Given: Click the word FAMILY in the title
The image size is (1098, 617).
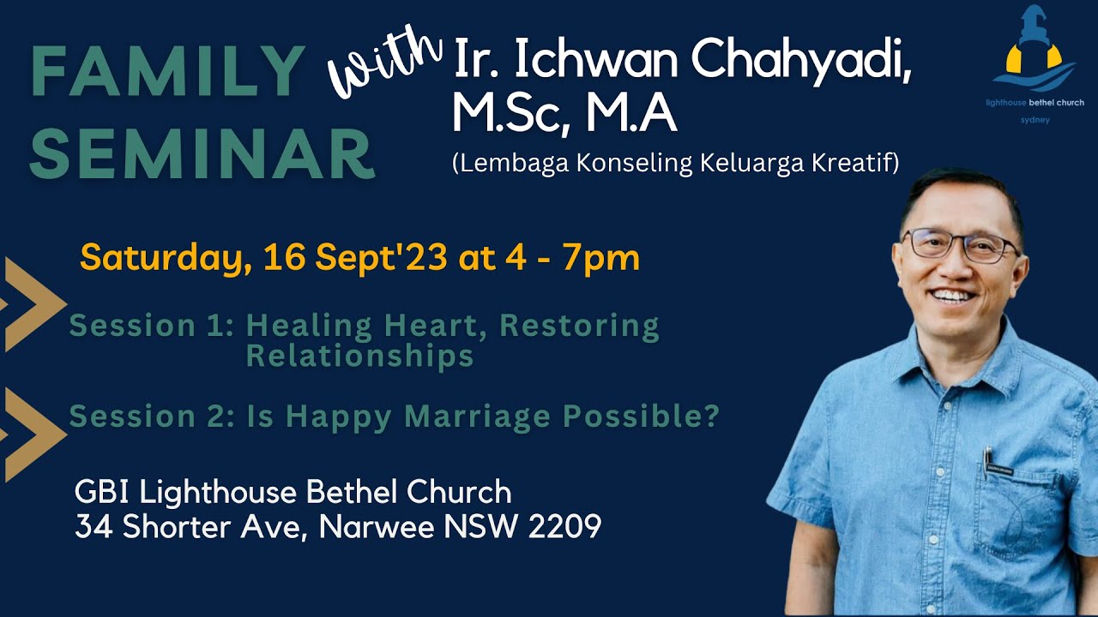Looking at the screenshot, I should tap(168, 71).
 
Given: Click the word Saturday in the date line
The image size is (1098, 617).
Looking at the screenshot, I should tap(161, 257).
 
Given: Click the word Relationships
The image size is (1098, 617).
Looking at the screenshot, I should tap(360, 356).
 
